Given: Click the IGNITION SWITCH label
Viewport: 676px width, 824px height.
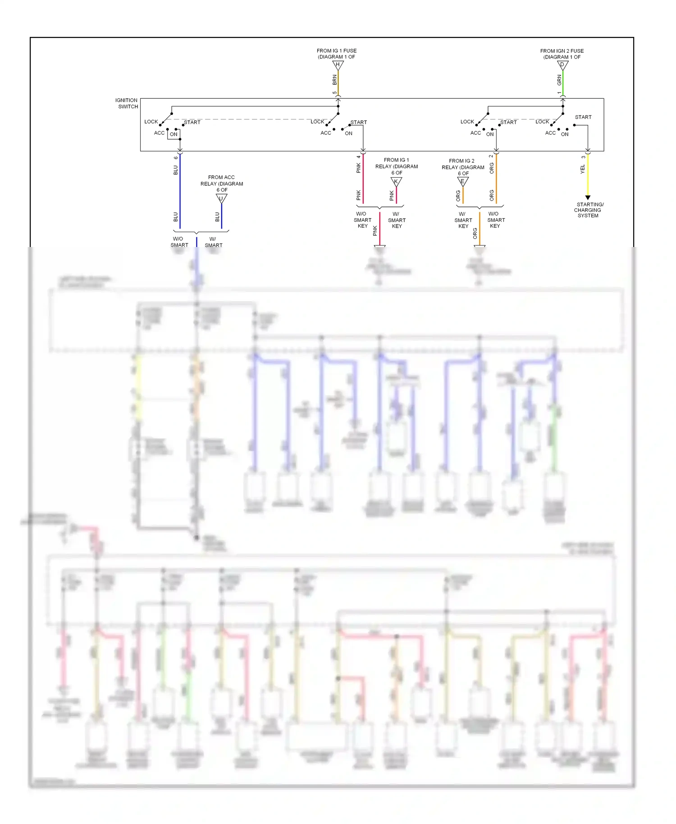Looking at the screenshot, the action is [127, 103].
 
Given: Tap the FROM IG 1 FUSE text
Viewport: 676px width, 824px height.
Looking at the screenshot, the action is [336, 51].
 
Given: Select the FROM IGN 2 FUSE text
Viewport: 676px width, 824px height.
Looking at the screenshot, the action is [562, 51].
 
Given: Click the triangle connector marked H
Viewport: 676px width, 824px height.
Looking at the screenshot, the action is [338, 65].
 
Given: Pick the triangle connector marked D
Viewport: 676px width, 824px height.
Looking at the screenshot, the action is [562, 65].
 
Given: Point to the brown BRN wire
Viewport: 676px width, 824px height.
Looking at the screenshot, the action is [338, 83].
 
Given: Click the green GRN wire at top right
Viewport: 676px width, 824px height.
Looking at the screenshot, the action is [563, 83].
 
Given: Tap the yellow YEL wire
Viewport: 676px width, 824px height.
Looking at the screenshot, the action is [588, 176].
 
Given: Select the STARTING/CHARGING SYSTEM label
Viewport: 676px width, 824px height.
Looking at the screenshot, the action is [588, 210].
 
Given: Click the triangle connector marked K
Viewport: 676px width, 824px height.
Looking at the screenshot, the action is [396, 182].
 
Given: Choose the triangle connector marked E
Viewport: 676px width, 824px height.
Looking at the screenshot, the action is [463, 182].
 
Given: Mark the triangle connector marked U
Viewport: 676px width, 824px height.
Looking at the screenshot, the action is [221, 198].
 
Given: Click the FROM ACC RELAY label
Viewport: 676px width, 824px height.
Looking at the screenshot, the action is [221, 183].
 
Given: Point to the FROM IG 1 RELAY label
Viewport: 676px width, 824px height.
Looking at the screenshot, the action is [397, 166].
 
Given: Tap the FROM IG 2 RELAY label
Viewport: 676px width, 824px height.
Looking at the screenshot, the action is [462, 167].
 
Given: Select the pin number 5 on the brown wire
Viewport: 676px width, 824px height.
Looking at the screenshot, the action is [334, 93].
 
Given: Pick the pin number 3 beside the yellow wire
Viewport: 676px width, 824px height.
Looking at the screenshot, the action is [583, 157].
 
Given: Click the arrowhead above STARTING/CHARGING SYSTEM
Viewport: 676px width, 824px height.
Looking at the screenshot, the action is [588, 198].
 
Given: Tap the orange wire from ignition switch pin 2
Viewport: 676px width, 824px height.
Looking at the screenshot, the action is [496, 180].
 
